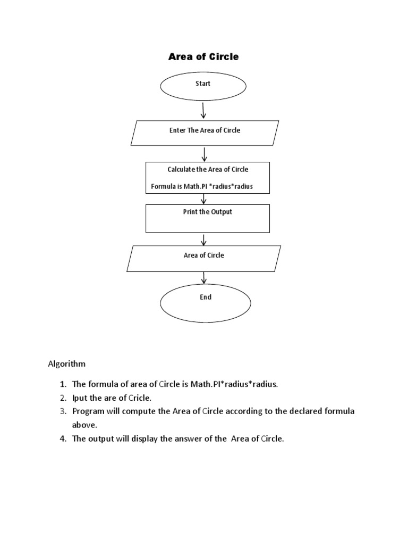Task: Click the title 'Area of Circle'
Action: tap(203, 57)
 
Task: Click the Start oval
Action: tap(203, 86)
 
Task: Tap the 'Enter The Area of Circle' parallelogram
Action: tap(205, 133)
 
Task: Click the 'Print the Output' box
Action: tap(208, 218)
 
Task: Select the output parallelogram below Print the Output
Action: tap(204, 258)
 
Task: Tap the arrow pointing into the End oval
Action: tap(204, 278)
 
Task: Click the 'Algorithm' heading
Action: tap(66, 365)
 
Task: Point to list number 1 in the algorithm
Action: tap(63, 384)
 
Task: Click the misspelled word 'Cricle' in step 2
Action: tap(140, 398)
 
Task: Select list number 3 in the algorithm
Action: tap(63, 412)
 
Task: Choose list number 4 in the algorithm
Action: tap(63, 440)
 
